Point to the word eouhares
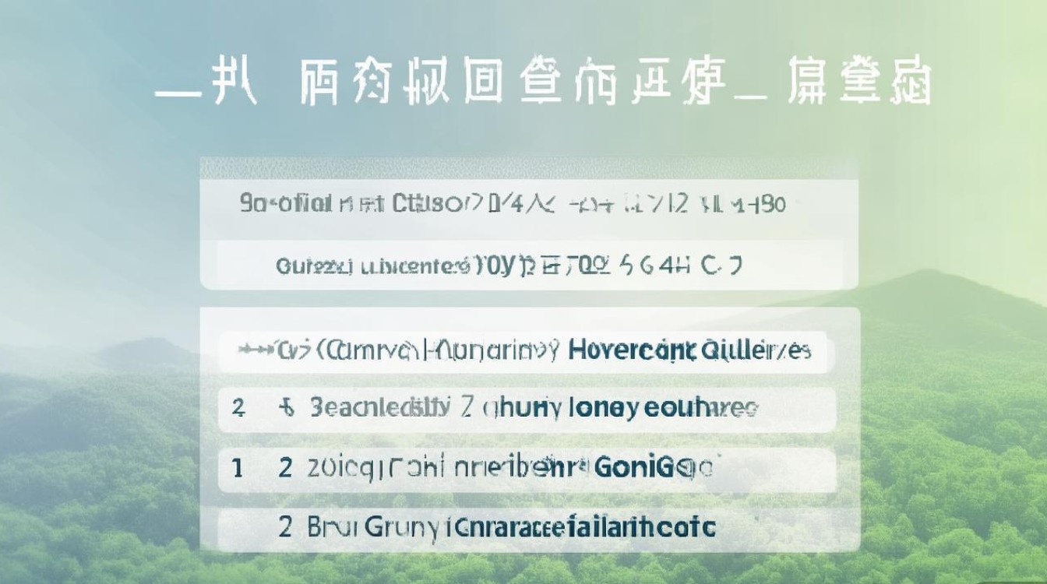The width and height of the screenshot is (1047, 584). point(701,406)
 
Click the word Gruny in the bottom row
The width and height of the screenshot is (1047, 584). point(396,526)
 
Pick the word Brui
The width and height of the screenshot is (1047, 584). point(330,526)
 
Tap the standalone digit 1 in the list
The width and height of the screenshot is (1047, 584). point(237,467)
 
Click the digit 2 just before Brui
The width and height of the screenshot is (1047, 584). point(286,526)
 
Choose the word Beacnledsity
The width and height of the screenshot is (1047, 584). point(379,406)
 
